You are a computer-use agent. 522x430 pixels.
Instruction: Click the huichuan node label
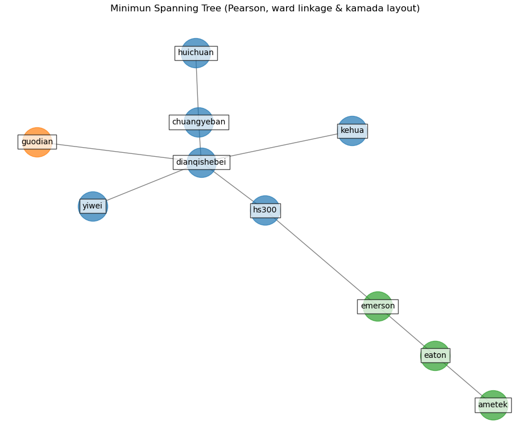pos(196,53)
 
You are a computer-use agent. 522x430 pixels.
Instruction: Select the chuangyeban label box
pos(198,122)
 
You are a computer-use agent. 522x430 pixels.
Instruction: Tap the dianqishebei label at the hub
pos(201,162)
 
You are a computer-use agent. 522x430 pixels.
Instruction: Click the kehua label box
pos(352,131)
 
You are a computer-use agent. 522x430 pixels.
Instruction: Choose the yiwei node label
pos(92,206)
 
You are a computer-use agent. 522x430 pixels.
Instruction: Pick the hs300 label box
pos(265,210)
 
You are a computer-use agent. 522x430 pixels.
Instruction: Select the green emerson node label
pos(378,306)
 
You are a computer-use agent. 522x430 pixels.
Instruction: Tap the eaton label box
pos(435,356)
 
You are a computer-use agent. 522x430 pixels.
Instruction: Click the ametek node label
pos(492,405)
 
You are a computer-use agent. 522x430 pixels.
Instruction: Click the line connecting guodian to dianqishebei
pos(114,152)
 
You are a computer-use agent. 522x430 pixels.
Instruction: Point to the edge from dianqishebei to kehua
pos(284,146)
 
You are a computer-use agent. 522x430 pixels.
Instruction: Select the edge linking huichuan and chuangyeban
pos(197,85)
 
